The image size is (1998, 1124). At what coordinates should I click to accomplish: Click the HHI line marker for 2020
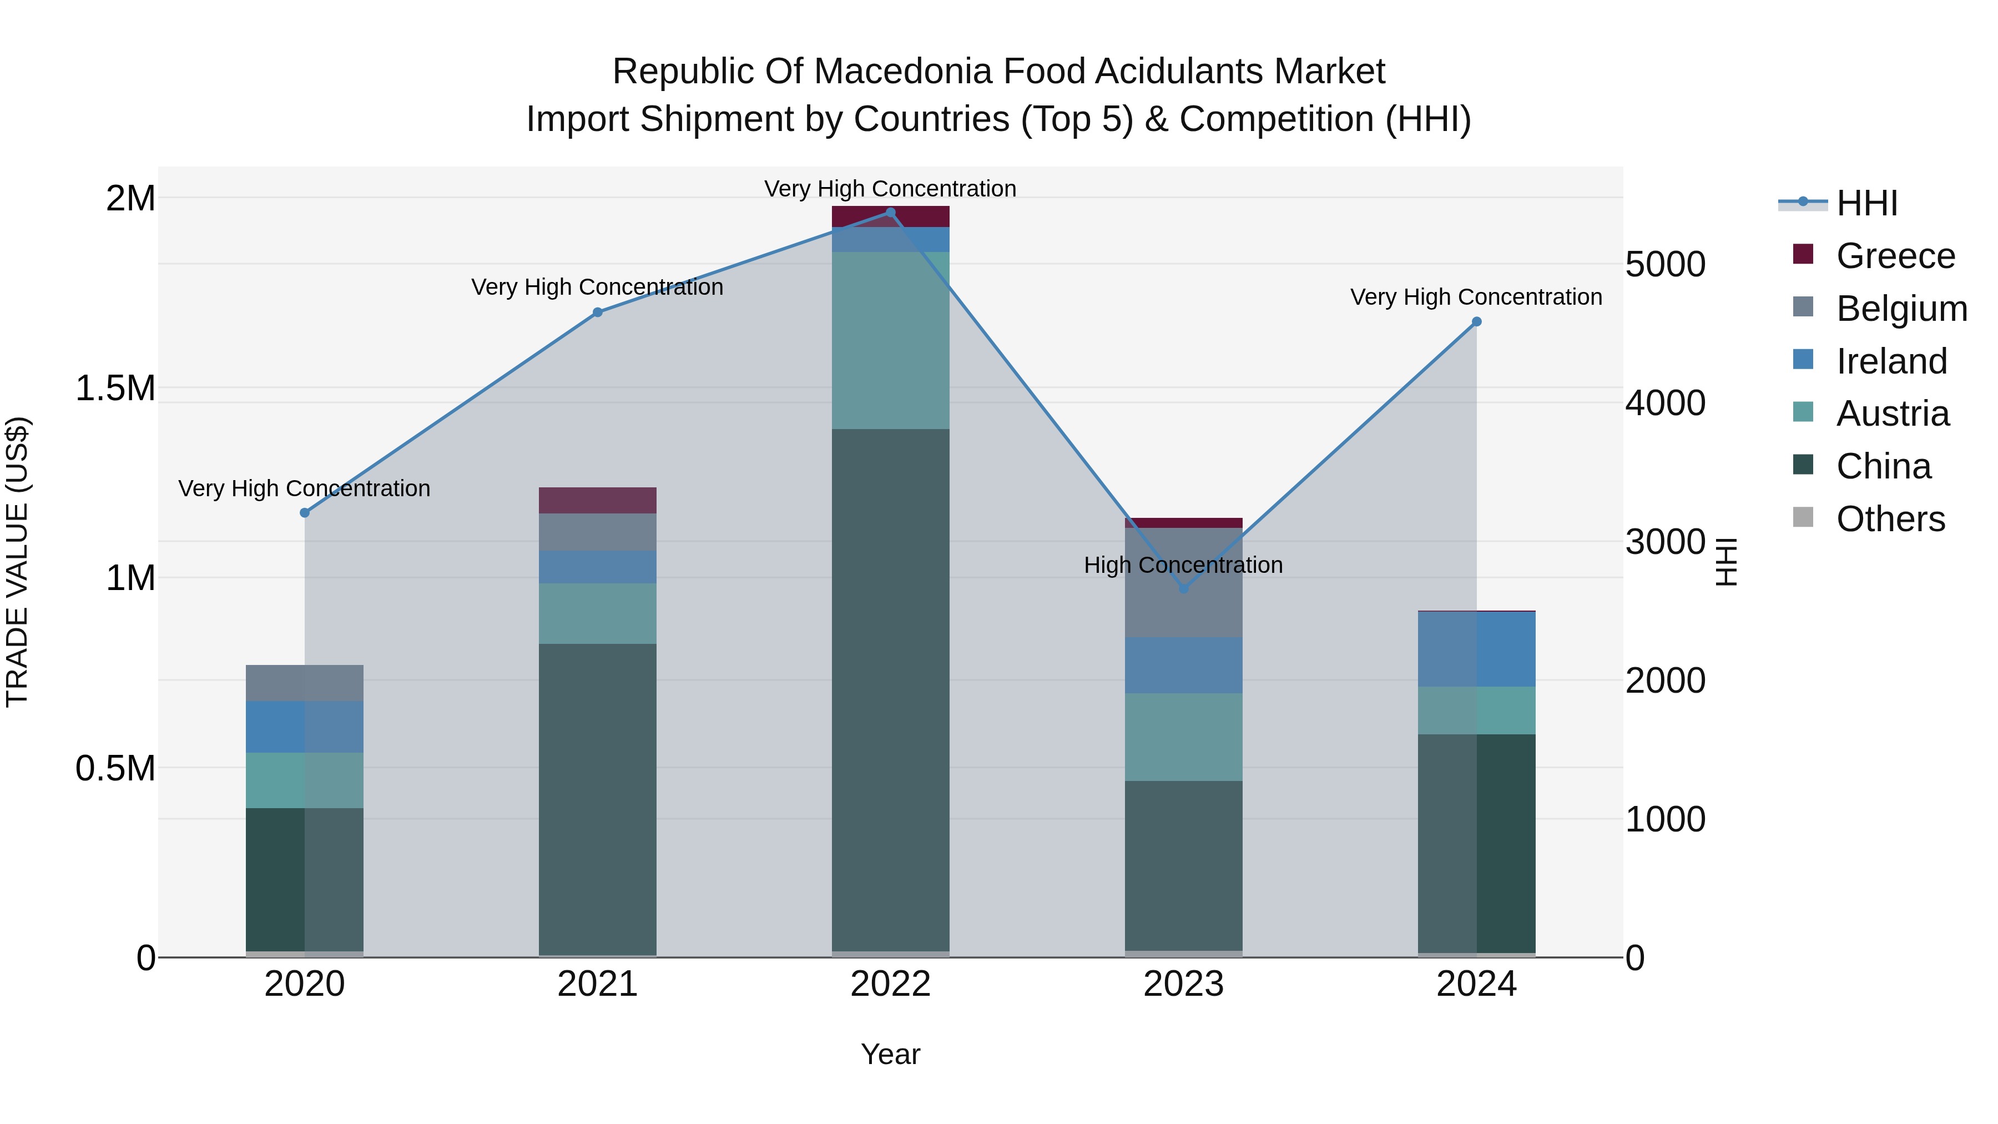click(x=305, y=513)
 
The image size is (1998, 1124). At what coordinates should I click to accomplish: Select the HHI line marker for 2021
click(x=597, y=312)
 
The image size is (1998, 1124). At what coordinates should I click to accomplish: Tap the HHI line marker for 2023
click(x=1184, y=589)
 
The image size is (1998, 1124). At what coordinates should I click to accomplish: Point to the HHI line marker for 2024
click(x=1477, y=322)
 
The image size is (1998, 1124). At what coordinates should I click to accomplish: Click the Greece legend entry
click(x=1895, y=256)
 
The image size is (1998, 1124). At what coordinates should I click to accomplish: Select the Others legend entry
click(x=1890, y=519)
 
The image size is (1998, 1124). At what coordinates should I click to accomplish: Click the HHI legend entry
click(x=1867, y=203)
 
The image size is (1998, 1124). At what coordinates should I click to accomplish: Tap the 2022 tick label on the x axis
click(x=890, y=984)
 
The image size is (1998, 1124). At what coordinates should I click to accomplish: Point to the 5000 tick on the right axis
click(x=1664, y=265)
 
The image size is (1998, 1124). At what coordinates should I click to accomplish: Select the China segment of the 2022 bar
click(x=890, y=690)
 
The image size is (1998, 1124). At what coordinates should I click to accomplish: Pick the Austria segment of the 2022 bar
click(x=890, y=340)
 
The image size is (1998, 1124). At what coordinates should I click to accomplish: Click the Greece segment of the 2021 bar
click(x=597, y=500)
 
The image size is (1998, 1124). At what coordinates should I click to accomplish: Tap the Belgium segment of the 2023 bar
click(x=1184, y=583)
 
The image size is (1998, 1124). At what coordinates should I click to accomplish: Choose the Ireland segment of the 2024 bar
click(x=1477, y=649)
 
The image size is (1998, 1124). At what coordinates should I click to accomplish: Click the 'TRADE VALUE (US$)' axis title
click(x=18, y=562)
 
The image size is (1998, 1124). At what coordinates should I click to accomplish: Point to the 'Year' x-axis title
click(x=890, y=1054)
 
